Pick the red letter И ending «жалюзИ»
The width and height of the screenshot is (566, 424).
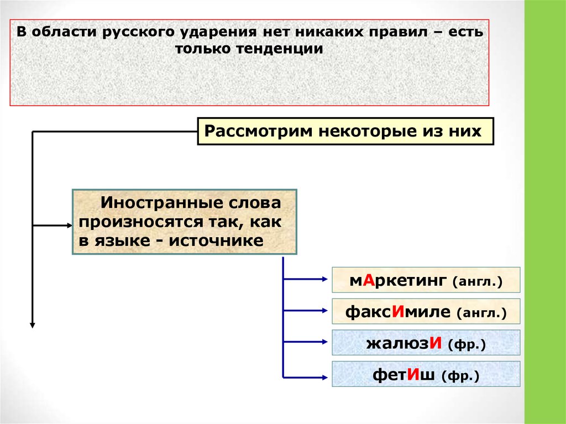[x=435, y=344]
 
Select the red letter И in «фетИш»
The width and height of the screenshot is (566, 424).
[x=415, y=375]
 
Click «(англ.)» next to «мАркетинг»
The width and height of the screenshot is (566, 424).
[x=478, y=282]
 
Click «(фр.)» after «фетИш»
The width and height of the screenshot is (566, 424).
[x=460, y=376]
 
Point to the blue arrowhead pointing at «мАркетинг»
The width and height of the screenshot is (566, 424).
[x=326, y=280]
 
